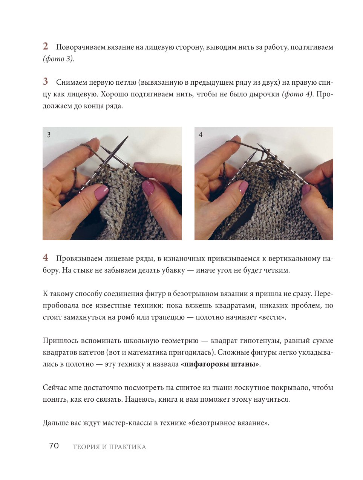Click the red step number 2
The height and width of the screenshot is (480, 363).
tap(45, 46)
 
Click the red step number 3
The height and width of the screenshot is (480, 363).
tap(45, 82)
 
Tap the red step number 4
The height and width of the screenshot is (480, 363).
tap(45, 258)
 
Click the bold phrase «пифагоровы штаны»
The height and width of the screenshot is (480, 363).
tap(220, 364)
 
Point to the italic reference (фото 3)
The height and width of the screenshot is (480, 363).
tap(58, 59)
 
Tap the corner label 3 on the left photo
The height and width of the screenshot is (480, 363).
tap(49, 135)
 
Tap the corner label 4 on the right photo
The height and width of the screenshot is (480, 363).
tap(201, 135)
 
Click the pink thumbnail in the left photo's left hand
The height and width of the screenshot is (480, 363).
tap(101, 192)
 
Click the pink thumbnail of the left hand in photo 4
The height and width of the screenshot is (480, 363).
tap(243, 187)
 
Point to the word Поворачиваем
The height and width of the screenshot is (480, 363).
tap(81, 47)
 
